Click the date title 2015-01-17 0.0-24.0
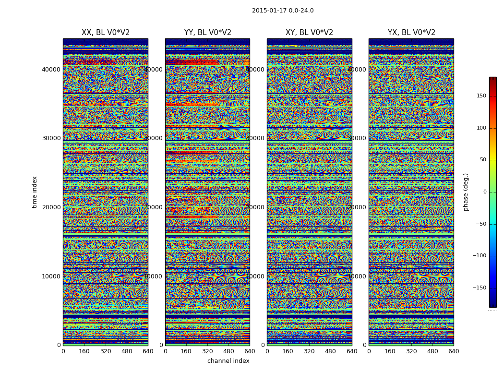283,11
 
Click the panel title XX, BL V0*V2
106,33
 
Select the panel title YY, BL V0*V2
207,33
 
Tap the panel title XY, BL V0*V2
309,33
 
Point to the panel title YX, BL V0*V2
411,33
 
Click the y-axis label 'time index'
35,192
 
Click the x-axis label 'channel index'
228,361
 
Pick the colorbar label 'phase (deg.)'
466,192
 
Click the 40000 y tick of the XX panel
51,69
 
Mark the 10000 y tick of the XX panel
51,276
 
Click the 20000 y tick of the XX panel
51,207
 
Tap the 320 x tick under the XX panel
106,351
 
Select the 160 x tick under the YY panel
186,351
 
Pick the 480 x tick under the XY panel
331,351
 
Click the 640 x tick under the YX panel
454,351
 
